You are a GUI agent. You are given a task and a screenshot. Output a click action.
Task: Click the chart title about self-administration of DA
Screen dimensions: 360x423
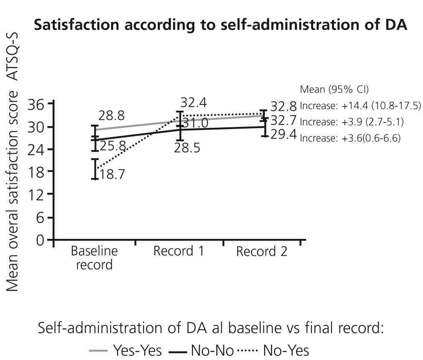click(x=220, y=25)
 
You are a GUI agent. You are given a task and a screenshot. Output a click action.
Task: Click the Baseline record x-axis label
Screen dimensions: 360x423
click(x=94, y=258)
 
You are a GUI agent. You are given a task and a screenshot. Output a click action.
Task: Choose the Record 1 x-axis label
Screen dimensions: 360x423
click(x=178, y=251)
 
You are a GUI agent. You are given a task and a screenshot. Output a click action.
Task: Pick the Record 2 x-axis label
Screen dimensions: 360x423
click(x=262, y=251)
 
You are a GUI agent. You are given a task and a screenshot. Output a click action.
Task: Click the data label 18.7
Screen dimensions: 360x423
click(x=112, y=174)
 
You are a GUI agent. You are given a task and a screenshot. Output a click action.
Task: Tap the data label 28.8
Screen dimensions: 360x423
click(x=111, y=116)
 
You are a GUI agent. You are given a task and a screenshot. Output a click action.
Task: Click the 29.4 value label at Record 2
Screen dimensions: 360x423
click(x=283, y=134)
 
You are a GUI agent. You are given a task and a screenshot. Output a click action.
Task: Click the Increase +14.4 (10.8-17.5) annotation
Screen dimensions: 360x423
click(x=360, y=106)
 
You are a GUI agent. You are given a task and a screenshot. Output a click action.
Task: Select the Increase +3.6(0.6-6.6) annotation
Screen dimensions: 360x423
click(x=350, y=138)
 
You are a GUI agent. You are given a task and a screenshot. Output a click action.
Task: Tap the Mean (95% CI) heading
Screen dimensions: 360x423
click(x=334, y=89)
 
